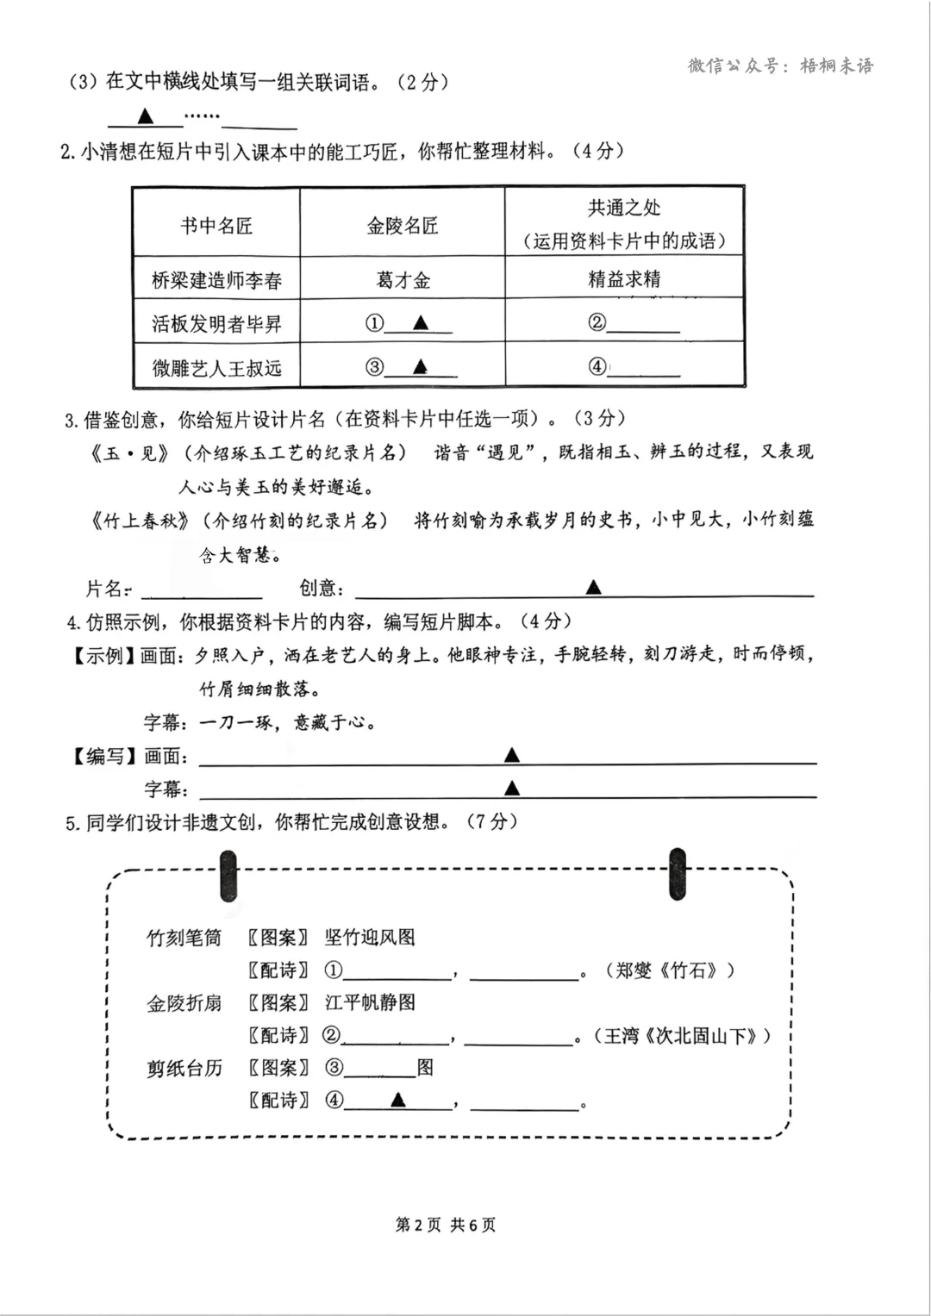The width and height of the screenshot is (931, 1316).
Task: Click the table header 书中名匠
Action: tap(216, 226)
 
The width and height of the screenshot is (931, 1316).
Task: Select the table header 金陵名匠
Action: tap(403, 226)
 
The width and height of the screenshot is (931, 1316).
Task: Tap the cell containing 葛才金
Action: tap(403, 280)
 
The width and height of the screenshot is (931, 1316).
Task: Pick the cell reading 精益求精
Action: tap(624, 278)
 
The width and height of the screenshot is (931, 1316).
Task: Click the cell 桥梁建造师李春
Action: tap(216, 280)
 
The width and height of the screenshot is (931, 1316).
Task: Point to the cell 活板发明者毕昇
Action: tap(216, 324)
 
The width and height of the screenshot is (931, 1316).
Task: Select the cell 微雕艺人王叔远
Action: tap(216, 368)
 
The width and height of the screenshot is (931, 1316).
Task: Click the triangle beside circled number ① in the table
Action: tap(421, 323)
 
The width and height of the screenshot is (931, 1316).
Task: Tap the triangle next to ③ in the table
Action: tap(420, 366)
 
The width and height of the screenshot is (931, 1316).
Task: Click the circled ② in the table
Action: tap(597, 323)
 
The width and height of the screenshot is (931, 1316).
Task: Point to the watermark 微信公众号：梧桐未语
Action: tap(780, 65)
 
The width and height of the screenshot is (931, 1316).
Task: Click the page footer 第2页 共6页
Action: tap(446, 1225)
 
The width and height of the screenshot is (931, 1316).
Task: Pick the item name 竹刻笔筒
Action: tap(184, 938)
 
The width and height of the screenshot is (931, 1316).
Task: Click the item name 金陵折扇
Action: tap(184, 1003)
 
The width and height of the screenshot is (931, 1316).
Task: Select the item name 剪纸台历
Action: tap(184, 1069)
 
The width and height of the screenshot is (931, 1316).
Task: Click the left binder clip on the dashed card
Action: tap(228, 876)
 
